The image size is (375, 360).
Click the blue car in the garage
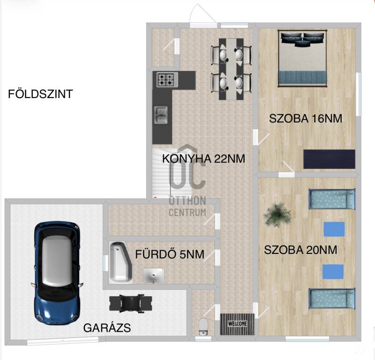[x=57, y=273]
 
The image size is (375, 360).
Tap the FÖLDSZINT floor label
[x=40, y=94]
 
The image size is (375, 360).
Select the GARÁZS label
[x=107, y=328]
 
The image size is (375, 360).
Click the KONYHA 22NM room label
[x=204, y=159]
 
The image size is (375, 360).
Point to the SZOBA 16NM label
[x=306, y=119]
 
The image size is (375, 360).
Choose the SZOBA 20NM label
[x=300, y=250]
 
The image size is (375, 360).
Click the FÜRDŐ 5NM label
[x=170, y=254]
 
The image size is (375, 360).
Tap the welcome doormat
[x=237, y=324]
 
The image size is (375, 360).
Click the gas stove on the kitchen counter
[x=167, y=79]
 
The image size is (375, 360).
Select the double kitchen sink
[x=161, y=115]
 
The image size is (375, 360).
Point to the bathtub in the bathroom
[x=121, y=262]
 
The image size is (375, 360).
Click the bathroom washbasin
[x=154, y=276]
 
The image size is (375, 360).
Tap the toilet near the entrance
[x=203, y=326]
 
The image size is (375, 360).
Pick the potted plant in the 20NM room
[x=277, y=214]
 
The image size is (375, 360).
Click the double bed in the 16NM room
[x=302, y=58]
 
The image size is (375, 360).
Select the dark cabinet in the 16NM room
[x=330, y=159]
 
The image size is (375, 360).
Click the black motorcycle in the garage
[x=131, y=303]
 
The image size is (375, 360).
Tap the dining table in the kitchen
[x=231, y=69]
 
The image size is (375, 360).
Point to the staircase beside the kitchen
[x=172, y=173]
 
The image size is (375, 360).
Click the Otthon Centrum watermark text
[x=187, y=206]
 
